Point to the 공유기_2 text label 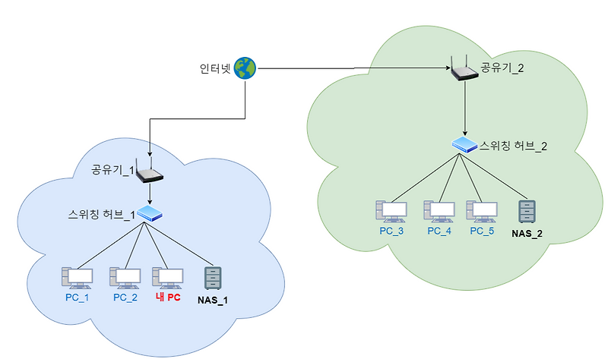point(502,68)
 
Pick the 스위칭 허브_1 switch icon point(150,213)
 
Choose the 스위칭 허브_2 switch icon point(464,143)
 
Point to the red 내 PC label point(166,297)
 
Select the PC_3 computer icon point(391,212)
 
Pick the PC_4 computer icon point(439,212)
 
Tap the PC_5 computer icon point(481,212)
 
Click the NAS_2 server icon point(527,212)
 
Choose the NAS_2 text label point(527,233)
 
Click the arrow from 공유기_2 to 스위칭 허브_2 point(464,110)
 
